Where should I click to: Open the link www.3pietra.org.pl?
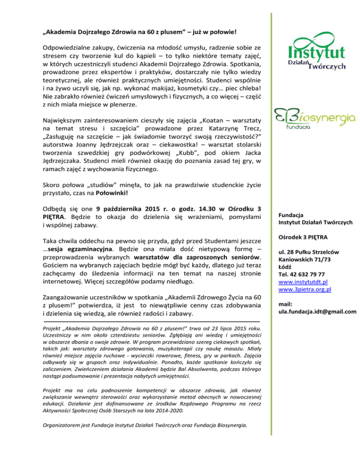click(305, 290)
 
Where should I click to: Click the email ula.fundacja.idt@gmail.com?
click(317, 312)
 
